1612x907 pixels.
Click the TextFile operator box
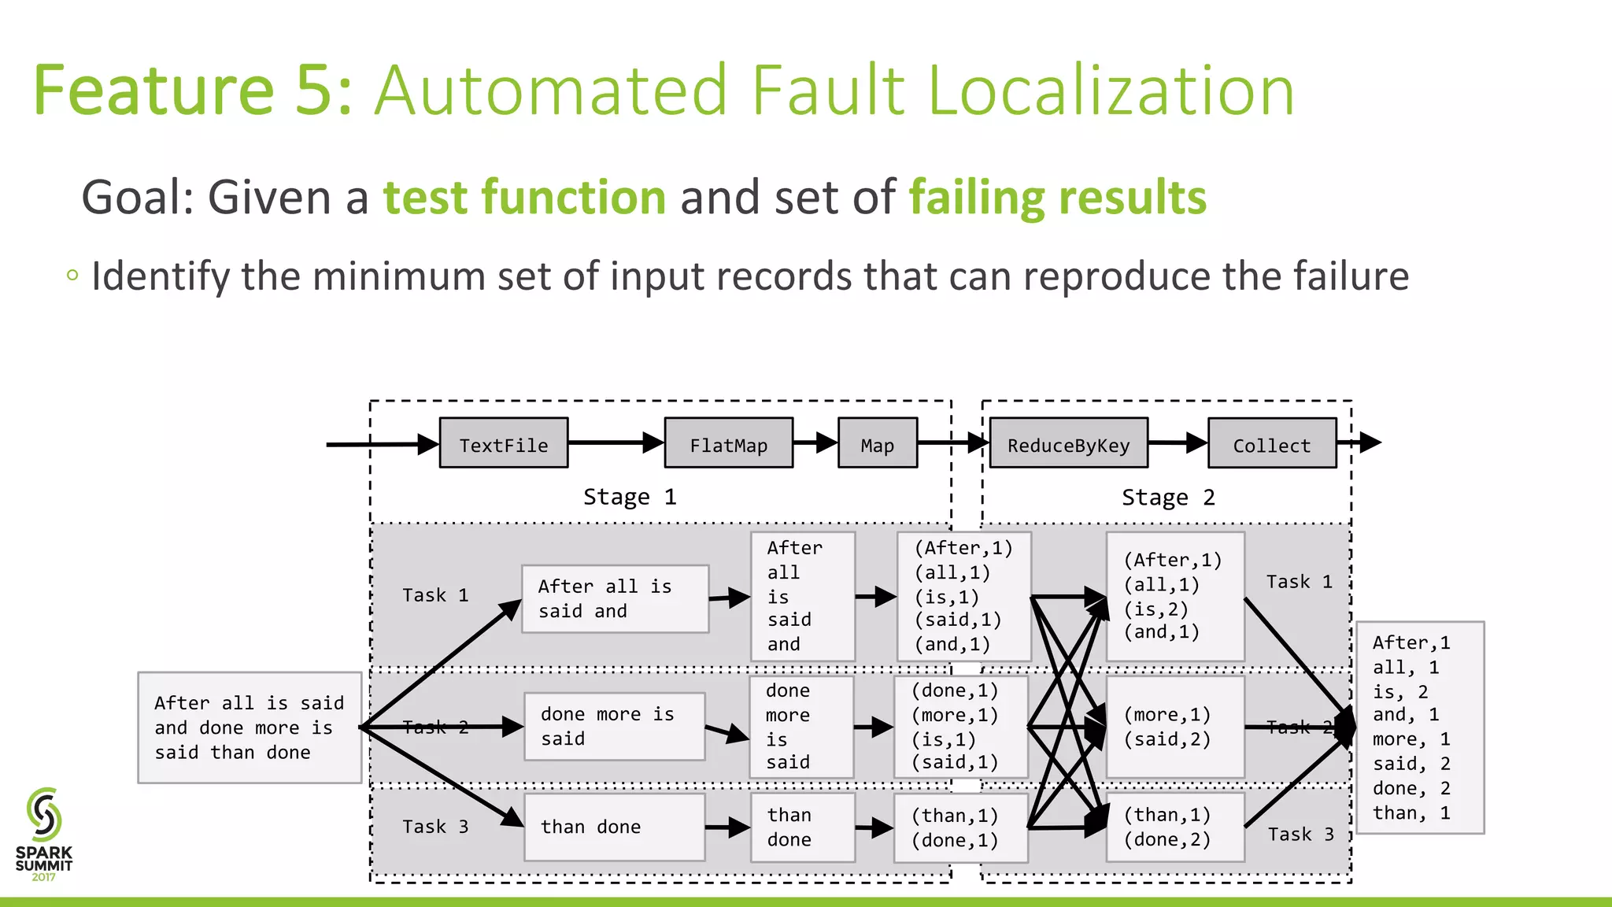(504, 443)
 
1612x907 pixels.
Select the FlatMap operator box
(728, 443)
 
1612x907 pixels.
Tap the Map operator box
(878, 443)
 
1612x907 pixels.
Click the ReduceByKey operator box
(1068, 443)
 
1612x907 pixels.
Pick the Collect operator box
(1272, 443)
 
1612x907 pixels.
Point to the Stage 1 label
(630, 497)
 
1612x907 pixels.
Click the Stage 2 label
(1168, 498)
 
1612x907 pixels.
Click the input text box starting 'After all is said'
(250, 727)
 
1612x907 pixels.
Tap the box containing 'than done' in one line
(614, 827)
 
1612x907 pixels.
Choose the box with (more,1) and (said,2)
(1175, 727)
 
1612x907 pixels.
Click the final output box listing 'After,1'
(1420, 727)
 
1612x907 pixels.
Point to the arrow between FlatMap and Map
(815, 442)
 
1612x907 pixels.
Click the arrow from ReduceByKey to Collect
(1178, 442)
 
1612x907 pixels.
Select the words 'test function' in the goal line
(524, 197)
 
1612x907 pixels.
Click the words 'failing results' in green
(1057, 197)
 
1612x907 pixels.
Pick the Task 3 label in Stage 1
(435, 827)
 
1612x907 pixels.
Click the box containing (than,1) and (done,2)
(1175, 827)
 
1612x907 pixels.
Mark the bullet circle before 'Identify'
(72, 276)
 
